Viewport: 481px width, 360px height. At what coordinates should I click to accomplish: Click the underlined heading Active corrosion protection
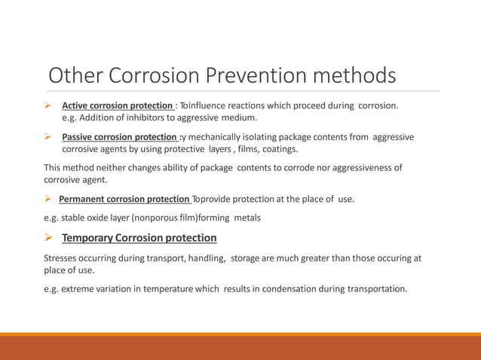point(117,105)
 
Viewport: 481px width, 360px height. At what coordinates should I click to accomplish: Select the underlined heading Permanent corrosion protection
point(124,199)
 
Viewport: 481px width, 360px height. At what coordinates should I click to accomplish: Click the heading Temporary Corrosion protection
point(139,238)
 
